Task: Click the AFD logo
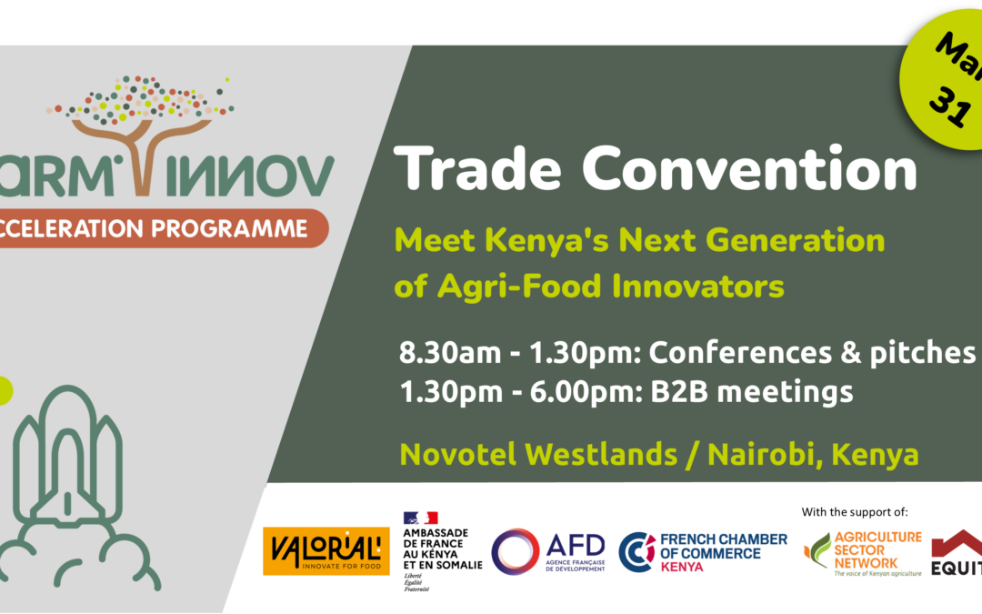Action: (548, 551)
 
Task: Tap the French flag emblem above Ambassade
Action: (420, 518)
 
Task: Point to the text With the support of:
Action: (855, 511)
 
